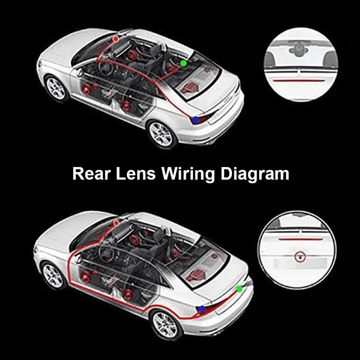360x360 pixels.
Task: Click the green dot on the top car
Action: click(x=184, y=63)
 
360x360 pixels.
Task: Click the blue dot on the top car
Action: click(x=196, y=120)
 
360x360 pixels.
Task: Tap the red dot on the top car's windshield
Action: click(x=116, y=39)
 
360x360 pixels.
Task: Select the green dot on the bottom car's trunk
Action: click(x=239, y=289)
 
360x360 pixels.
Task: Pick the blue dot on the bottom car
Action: click(x=202, y=309)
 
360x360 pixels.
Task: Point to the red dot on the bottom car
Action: click(x=117, y=223)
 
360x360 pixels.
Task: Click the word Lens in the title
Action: click(x=136, y=174)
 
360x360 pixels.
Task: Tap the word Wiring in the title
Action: click(x=188, y=175)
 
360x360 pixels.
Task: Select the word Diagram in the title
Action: click(x=255, y=175)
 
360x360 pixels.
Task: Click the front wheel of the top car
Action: click(x=56, y=88)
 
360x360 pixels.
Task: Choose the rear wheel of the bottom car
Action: click(x=166, y=325)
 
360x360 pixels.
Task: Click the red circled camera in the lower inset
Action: click(x=300, y=256)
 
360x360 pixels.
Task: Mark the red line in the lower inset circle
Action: click(x=301, y=239)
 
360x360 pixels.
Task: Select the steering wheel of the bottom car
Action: click(x=106, y=254)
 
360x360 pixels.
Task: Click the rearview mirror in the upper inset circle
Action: click(x=299, y=49)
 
